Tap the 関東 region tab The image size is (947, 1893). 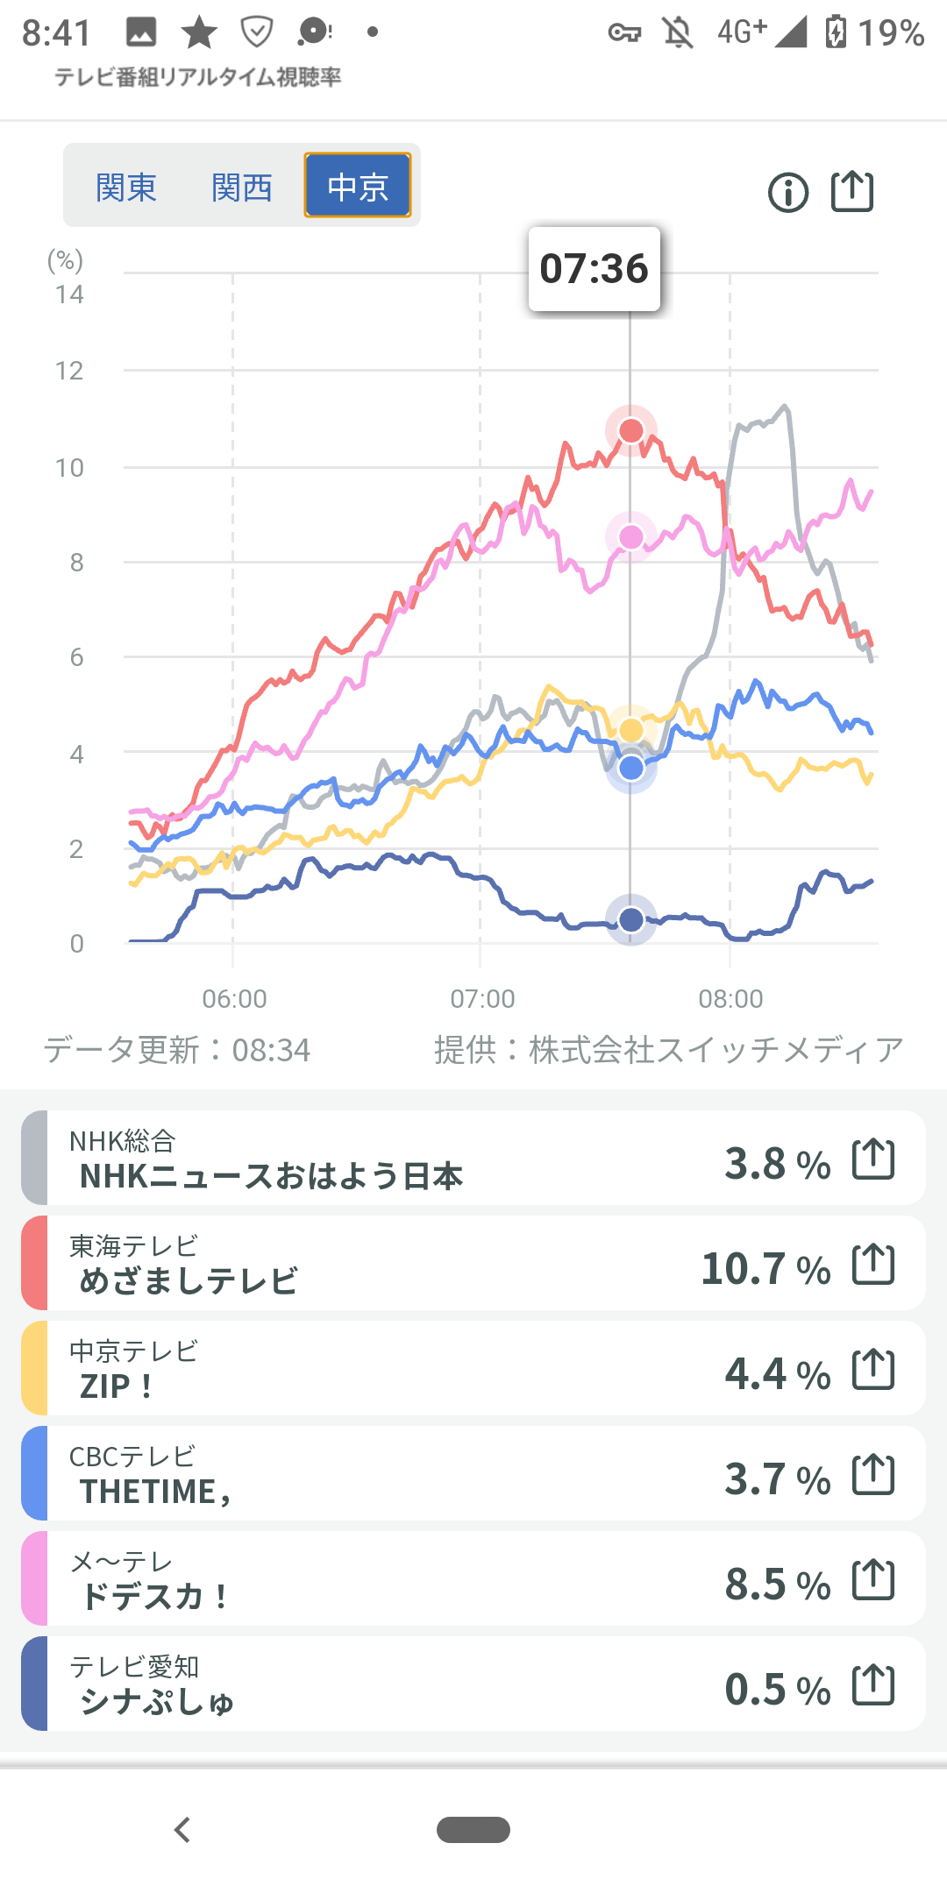point(126,187)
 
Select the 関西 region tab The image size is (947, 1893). point(242,187)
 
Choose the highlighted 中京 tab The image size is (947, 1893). point(358,186)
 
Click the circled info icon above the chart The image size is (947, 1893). point(788,192)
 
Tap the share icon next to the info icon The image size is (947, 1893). point(852,191)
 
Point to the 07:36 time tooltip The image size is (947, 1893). point(594,268)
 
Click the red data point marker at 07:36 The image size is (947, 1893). point(631,430)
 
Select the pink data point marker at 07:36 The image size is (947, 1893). point(631,536)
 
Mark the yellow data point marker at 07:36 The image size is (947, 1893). point(631,729)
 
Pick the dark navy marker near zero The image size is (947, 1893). point(631,919)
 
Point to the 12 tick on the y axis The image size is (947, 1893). point(69,371)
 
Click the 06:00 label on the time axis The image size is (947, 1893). point(234,998)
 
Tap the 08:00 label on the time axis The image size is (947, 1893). point(730,998)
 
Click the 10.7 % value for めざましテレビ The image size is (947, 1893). point(765,1268)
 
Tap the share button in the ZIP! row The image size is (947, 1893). point(873,1370)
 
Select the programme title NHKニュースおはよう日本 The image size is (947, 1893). point(271,1176)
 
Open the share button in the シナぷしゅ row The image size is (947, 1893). point(873,1685)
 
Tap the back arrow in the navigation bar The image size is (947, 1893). point(182,1830)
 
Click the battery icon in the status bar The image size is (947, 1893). point(836,32)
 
